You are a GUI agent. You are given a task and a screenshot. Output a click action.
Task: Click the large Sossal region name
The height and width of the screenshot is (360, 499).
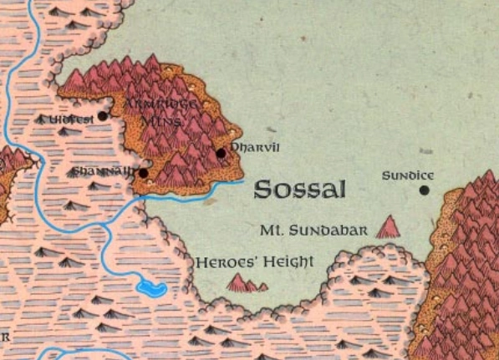point(299,190)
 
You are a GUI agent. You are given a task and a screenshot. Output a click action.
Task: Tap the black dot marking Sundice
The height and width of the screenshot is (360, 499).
point(424,190)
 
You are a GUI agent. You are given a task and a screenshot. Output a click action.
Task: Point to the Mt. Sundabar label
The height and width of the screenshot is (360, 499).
point(313,230)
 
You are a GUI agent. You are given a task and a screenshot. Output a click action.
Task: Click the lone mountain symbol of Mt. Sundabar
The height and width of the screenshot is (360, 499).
point(387,227)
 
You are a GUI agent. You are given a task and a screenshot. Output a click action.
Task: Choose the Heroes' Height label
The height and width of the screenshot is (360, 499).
point(254,262)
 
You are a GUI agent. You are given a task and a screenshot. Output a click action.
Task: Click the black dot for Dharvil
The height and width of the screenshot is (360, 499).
point(221,153)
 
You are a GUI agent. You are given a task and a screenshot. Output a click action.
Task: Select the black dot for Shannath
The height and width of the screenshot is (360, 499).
point(143,174)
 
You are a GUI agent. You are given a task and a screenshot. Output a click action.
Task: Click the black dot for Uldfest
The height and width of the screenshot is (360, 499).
point(103,116)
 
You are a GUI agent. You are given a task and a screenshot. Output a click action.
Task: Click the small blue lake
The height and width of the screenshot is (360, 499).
point(152,289)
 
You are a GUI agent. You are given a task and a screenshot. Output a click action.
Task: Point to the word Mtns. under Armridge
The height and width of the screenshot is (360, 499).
point(159,120)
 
